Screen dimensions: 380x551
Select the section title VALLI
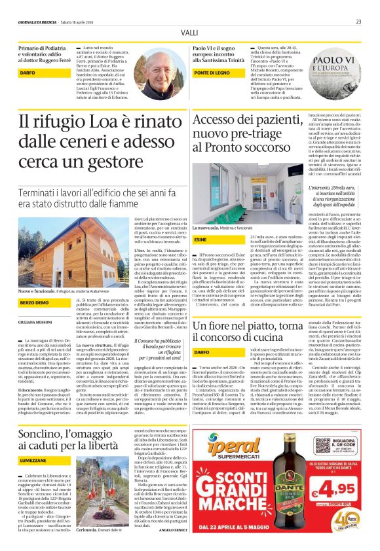coord(189,32)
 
